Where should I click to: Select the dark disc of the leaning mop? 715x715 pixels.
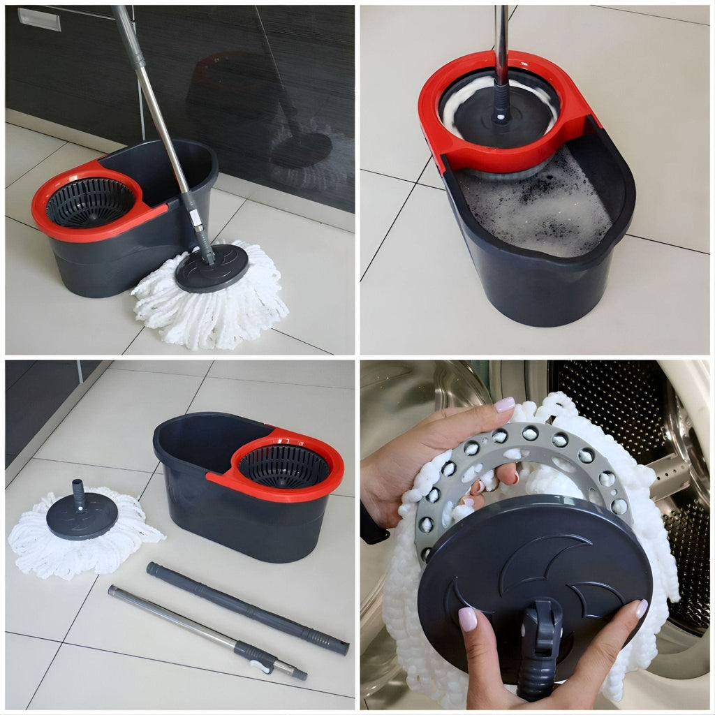click(x=211, y=268)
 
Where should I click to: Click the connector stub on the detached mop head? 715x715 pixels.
click(x=79, y=493)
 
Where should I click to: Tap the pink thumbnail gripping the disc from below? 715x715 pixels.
click(x=467, y=619)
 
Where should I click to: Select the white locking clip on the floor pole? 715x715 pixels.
click(x=261, y=664)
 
